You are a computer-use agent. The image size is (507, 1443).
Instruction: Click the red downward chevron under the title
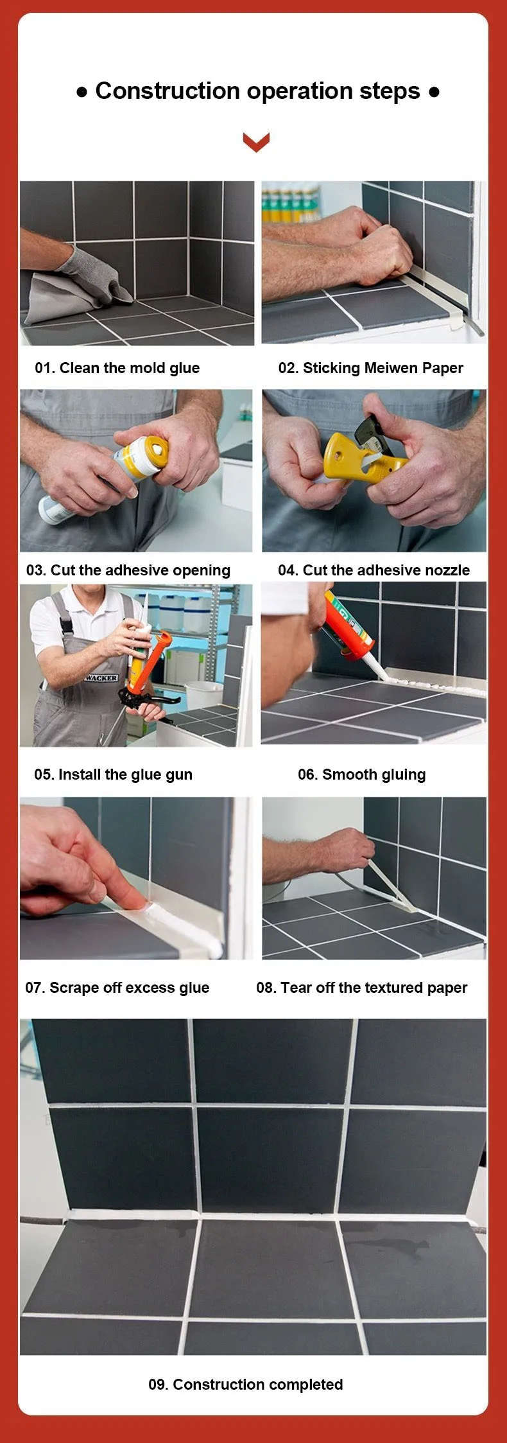[x=256, y=142]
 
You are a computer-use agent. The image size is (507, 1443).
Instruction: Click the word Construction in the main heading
[x=168, y=91]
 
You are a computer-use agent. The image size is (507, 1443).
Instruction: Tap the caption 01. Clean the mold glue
[x=117, y=368]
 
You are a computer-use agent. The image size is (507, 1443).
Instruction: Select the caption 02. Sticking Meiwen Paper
[x=370, y=368]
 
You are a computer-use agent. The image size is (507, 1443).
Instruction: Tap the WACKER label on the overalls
[x=101, y=678]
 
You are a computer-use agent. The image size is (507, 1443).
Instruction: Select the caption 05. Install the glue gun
[x=113, y=774]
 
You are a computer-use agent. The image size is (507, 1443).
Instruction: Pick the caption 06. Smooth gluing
[x=361, y=774]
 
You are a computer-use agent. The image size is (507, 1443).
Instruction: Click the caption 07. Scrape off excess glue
[x=117, y=988]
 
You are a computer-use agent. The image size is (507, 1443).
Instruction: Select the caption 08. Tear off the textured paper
[x=361, y=988]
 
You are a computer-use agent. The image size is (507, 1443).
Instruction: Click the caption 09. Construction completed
[x=245, y=1385]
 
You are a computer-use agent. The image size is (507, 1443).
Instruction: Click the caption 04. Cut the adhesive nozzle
[x=374, y=570]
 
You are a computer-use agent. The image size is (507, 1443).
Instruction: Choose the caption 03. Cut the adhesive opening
[x=128, y=570]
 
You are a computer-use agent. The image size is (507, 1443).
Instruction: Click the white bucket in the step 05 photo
[x=204, y=694]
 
